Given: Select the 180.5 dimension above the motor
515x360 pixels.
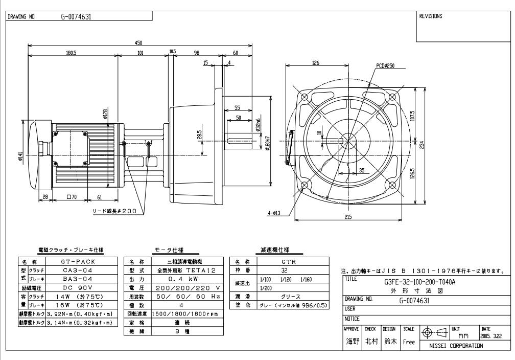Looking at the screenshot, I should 72,53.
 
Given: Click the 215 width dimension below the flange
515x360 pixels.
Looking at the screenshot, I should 348,218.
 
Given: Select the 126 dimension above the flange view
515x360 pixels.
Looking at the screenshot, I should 316,63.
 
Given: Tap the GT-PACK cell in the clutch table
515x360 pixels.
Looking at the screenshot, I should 76,261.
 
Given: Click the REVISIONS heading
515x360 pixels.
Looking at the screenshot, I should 430,16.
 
